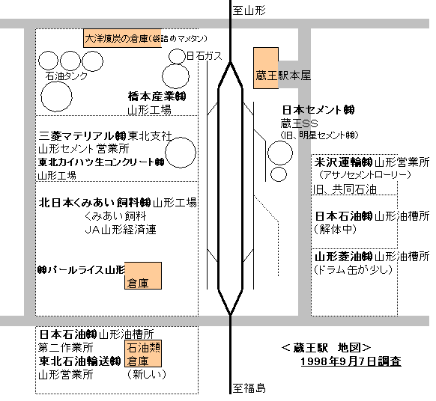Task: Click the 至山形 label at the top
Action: click(x=249, y=10)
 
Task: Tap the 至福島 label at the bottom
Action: click(x=249, y=388)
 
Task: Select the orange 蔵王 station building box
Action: click(x=266, y=68)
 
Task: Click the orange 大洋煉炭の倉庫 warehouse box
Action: click(x=122, y=38)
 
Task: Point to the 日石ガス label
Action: click(x=205, y=56)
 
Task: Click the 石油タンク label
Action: click(x=66, y=76)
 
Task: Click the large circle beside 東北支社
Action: click(x=181, y=153)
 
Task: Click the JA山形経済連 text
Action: click(x=121, y=230)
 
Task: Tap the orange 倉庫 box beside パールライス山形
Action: click(x=143, y=275)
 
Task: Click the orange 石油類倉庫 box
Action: click(x=143, y=354)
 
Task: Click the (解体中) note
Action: click(x=335, y=230)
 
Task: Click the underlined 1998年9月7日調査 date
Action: click(x=351, y=361)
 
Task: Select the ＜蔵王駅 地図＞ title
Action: click(x=326, y=348)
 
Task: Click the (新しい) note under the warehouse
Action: click(x=147, y=374)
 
